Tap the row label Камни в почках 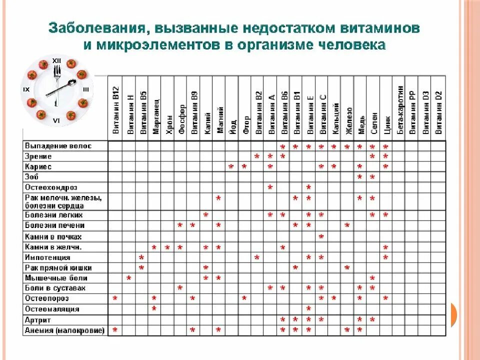pyautogui.click(x=52, y=236)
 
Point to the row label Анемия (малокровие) pyautogui.click(x=64, y=330)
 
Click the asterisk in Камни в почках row pyautogui.click(x=321, y=236)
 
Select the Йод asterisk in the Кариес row pyautogui.click(x=231, y=166)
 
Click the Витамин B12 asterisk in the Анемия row pyautogui.click(x=115, y=330)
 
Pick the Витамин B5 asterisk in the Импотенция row pyautogui.click(x=141, y=257)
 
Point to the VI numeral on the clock pyautogui.click(x=56, y=121)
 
